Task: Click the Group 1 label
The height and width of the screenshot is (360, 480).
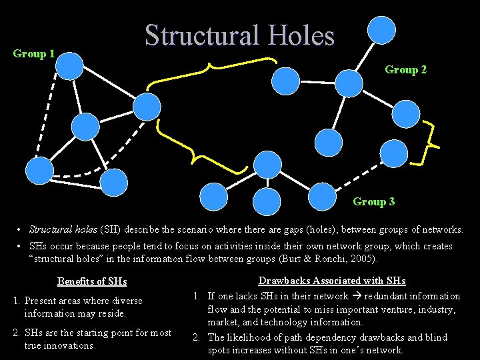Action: click(x=33, y=54)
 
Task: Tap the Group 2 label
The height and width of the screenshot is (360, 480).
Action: click(x=405, y=70)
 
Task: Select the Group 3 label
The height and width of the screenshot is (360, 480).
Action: click(x=373, y=201)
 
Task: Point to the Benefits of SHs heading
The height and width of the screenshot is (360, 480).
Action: click(x=92, y=281)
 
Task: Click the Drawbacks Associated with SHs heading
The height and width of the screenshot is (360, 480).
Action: click(x=332, y=281)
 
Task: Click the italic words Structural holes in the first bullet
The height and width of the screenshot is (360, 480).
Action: click(x=63, y=229)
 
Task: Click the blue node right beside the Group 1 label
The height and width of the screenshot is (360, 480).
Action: click(x=69, y=66)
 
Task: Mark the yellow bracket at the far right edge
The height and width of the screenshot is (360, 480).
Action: click(x=430, y=143)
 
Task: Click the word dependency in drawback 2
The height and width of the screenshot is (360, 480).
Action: click(x=299, y=337)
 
